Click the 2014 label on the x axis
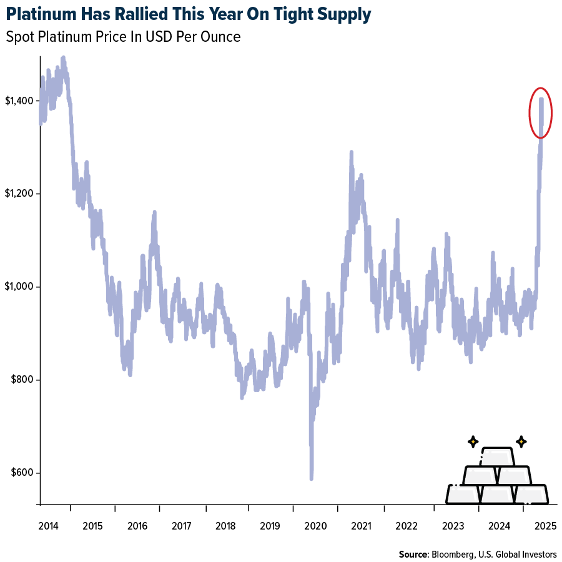coord(48,526)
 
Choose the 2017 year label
coord(182,526)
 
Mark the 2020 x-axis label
coord(315,526)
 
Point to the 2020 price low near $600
coord(311,476)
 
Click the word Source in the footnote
coord(412,554)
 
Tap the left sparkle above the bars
coord(473,441)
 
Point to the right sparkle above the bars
coord(520,441)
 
